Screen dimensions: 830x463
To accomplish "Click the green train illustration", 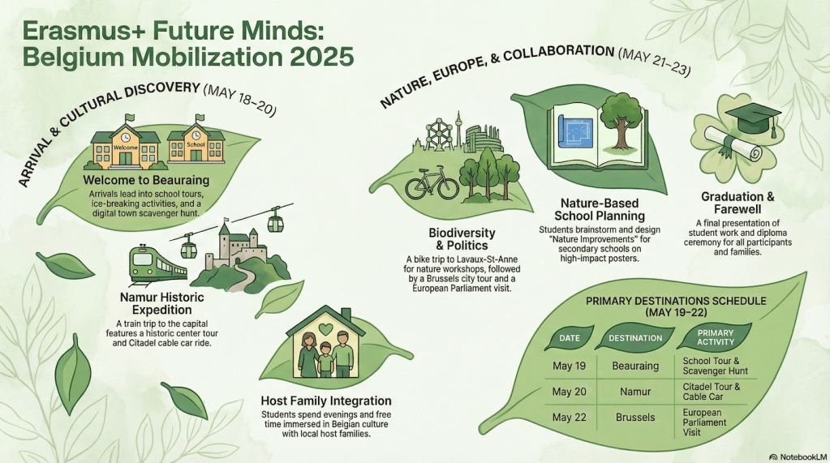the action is pyautogui.click(x=157, y=265).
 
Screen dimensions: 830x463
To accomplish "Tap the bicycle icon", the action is pyautogui.click(x=432, y=182).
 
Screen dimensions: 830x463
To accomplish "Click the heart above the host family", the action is pyautogui.click(x=325, y=328).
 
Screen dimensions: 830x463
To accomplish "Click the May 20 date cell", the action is pyautogui.click(x=569, y=392).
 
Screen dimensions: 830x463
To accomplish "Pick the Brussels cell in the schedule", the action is pyautogui.click(x=635, y=417).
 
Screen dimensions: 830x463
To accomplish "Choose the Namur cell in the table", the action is pyautogui.click(x=635, y=392).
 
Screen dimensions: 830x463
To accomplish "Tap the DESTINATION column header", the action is pyautogui.click(x=635, y=337).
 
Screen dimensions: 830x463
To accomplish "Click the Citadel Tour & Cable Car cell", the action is pyautogui.click(x=711, y=392).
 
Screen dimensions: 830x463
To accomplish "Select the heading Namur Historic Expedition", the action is pyautogui.click(x=162, y=304).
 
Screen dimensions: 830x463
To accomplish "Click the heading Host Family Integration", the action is pyautogui.click(x=326, y=401).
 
